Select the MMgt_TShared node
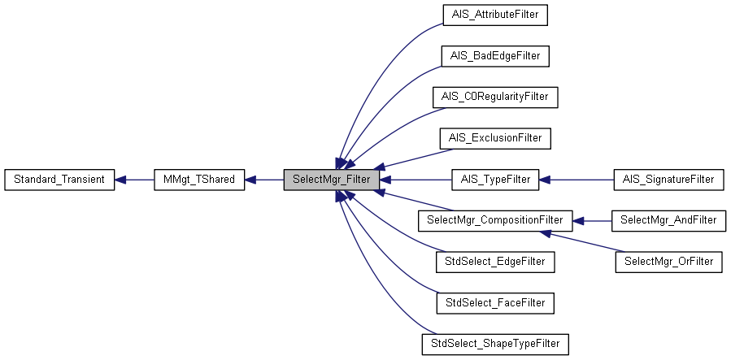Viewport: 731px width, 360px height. (199, 180)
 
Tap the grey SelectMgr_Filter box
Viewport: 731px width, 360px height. (331, 180)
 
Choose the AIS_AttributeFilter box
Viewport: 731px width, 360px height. (495, 15)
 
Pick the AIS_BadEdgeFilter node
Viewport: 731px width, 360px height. (495, 56)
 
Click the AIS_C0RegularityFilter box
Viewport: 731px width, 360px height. (495, 97)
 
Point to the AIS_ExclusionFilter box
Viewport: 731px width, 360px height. (495, 138)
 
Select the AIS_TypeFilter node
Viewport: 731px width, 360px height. (495, 180)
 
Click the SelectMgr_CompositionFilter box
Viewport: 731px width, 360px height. (495, 220)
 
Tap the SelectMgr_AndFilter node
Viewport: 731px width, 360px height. (668, 220)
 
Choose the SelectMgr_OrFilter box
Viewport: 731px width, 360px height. (668, 262)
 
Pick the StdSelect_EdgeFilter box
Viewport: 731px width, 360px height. (495, 262)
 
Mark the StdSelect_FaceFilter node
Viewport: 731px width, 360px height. (495, 303)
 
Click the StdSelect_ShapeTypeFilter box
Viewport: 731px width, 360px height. (495, 344)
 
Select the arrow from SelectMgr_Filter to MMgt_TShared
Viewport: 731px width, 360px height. (263, 180)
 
